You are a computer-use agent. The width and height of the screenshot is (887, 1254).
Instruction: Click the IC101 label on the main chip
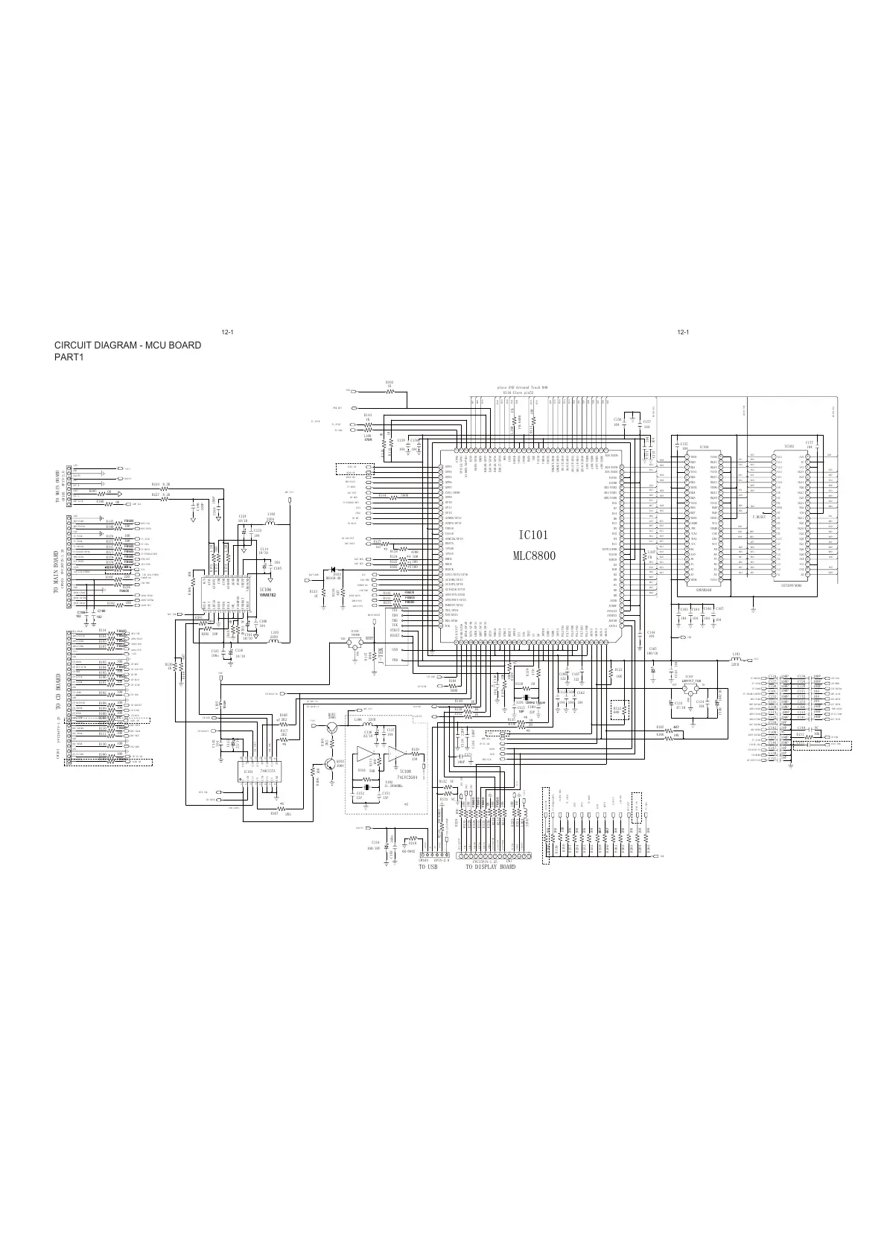click(534, 535)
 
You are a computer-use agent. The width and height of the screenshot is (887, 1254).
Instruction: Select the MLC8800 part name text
click(534, 556)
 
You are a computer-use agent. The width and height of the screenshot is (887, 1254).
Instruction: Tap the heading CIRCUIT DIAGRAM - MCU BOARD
click(127, 346)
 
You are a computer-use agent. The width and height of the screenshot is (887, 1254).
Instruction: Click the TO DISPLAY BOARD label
click(490, 867)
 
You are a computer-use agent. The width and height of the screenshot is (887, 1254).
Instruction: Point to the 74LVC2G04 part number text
click(405, 777)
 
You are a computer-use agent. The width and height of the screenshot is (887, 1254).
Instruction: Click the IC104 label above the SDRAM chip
click(704, 447)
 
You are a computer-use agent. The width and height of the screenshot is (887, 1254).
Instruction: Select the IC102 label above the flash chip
click(789, 447)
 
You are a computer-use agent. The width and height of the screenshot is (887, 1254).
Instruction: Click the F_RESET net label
click(760, 515)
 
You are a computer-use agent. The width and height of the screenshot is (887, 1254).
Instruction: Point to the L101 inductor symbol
click(736, 659)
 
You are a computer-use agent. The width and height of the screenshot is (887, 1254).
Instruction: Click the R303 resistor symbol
click(389, 392)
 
